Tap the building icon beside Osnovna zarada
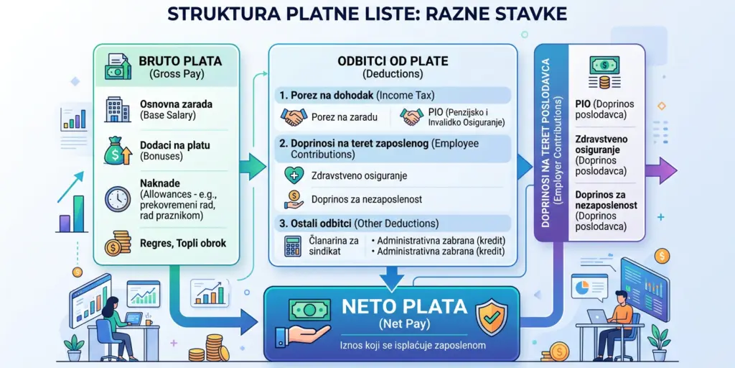pyautogui.click(x=117, y=109)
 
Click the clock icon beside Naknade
pyautogui.click(x=117, y=198)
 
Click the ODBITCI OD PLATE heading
pyautogui.click(x=393, y=61)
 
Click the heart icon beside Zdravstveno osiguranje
pyautogui.click(x=293, y=175)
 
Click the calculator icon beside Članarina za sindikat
pyautogui.click(x=292, y=246)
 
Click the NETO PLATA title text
pyautogui.click(x=393, y=308)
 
